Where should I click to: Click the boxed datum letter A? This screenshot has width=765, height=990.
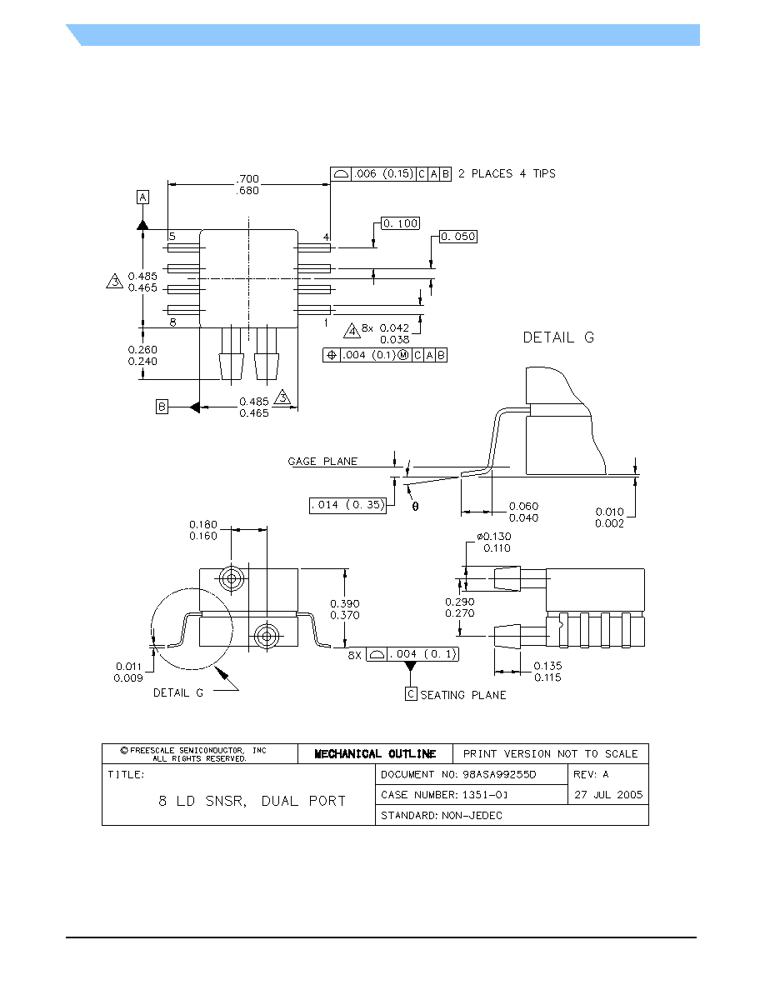pos(143,197)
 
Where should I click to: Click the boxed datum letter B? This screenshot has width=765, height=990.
pos(162,407)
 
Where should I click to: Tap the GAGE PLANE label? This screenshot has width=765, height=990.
pos(322,462)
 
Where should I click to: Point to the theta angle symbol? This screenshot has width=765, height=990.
pos(415,507)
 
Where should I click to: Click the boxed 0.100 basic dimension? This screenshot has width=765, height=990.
pos(401,223)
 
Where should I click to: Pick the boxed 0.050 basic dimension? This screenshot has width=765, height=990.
pos(458,237)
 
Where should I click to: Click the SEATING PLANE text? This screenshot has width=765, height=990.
pos(463,695)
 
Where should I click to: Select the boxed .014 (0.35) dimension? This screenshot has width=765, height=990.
pos(347,505)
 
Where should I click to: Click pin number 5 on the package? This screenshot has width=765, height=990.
pos(172,237)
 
